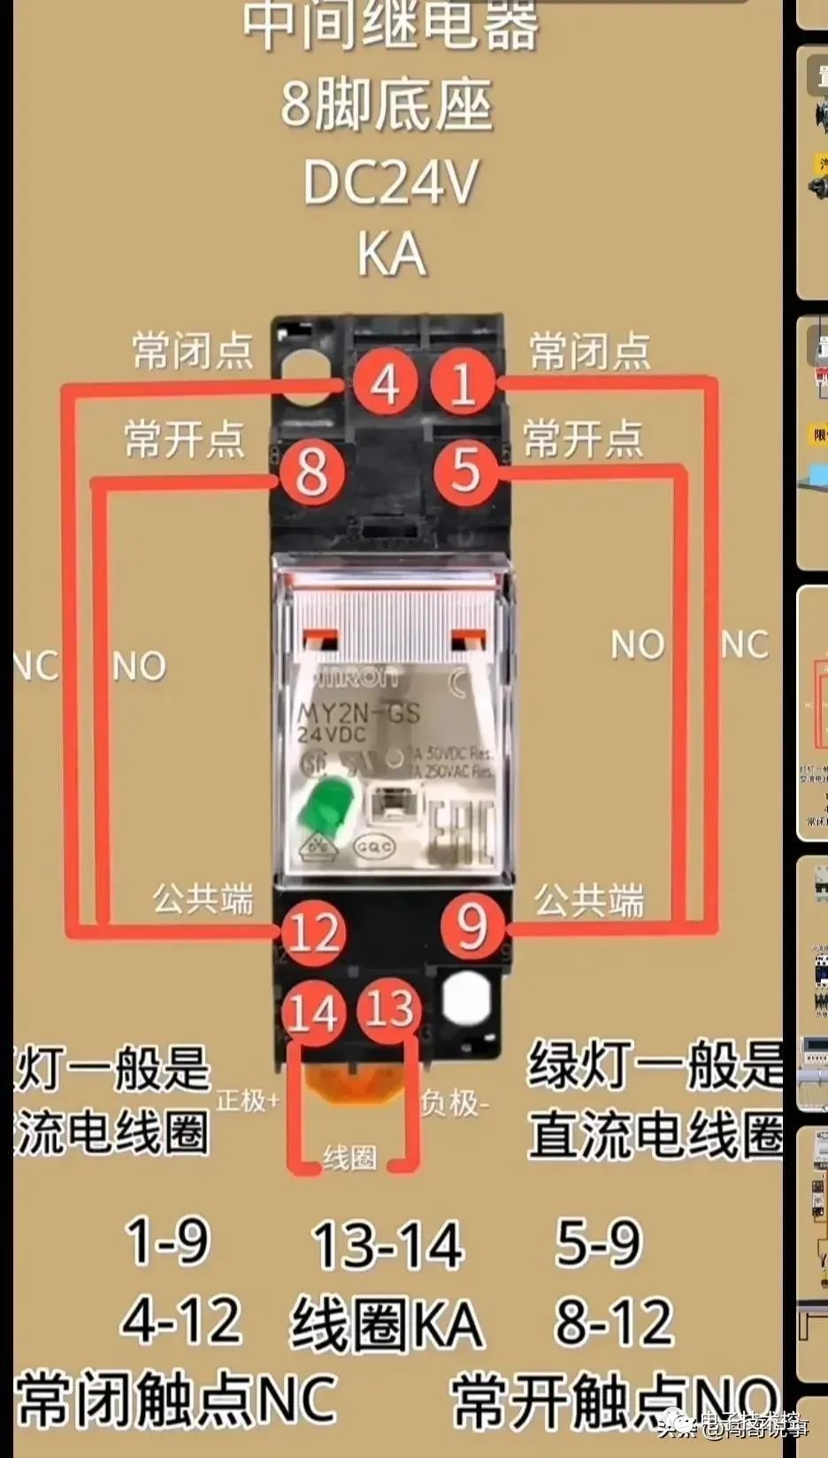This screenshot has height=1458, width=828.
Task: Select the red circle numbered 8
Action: [310, 470]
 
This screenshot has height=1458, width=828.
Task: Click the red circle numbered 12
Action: [313, 933]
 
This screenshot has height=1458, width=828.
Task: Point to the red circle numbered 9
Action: [472, 926]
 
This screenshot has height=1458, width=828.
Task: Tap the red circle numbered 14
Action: [313, 1012]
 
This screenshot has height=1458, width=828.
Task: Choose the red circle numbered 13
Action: [388, 1008]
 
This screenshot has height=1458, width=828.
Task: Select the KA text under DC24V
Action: [391, 255]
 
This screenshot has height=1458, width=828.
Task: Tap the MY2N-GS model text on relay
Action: [357, 713]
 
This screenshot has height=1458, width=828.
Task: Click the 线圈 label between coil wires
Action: [349, 1156]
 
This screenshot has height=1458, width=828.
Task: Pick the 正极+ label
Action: [249, 1100]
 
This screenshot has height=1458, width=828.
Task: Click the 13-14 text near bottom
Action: [387, 1244]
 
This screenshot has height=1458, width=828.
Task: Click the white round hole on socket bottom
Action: [466, 999]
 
